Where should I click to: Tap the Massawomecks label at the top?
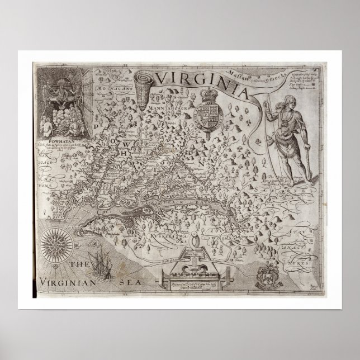coord(263,75)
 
